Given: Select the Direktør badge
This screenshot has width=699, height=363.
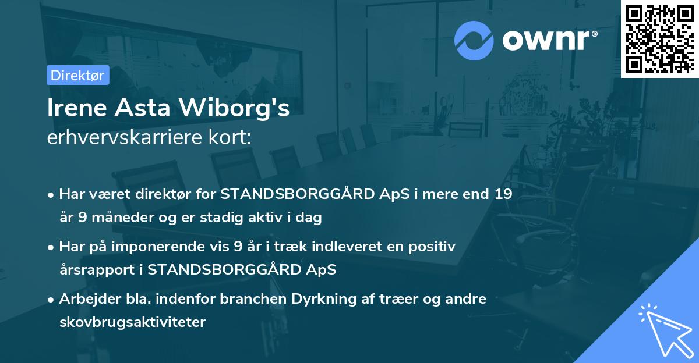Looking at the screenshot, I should pyautogui.click(x=77, y=75).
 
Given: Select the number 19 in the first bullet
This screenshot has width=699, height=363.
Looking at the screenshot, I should pyautogui.click(x=504, y=194).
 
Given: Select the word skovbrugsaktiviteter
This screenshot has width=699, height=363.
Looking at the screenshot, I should pyautogui.click(x=132, y=322).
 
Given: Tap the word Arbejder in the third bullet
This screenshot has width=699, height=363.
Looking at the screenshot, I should pyautogui.click(x=86, y=299).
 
